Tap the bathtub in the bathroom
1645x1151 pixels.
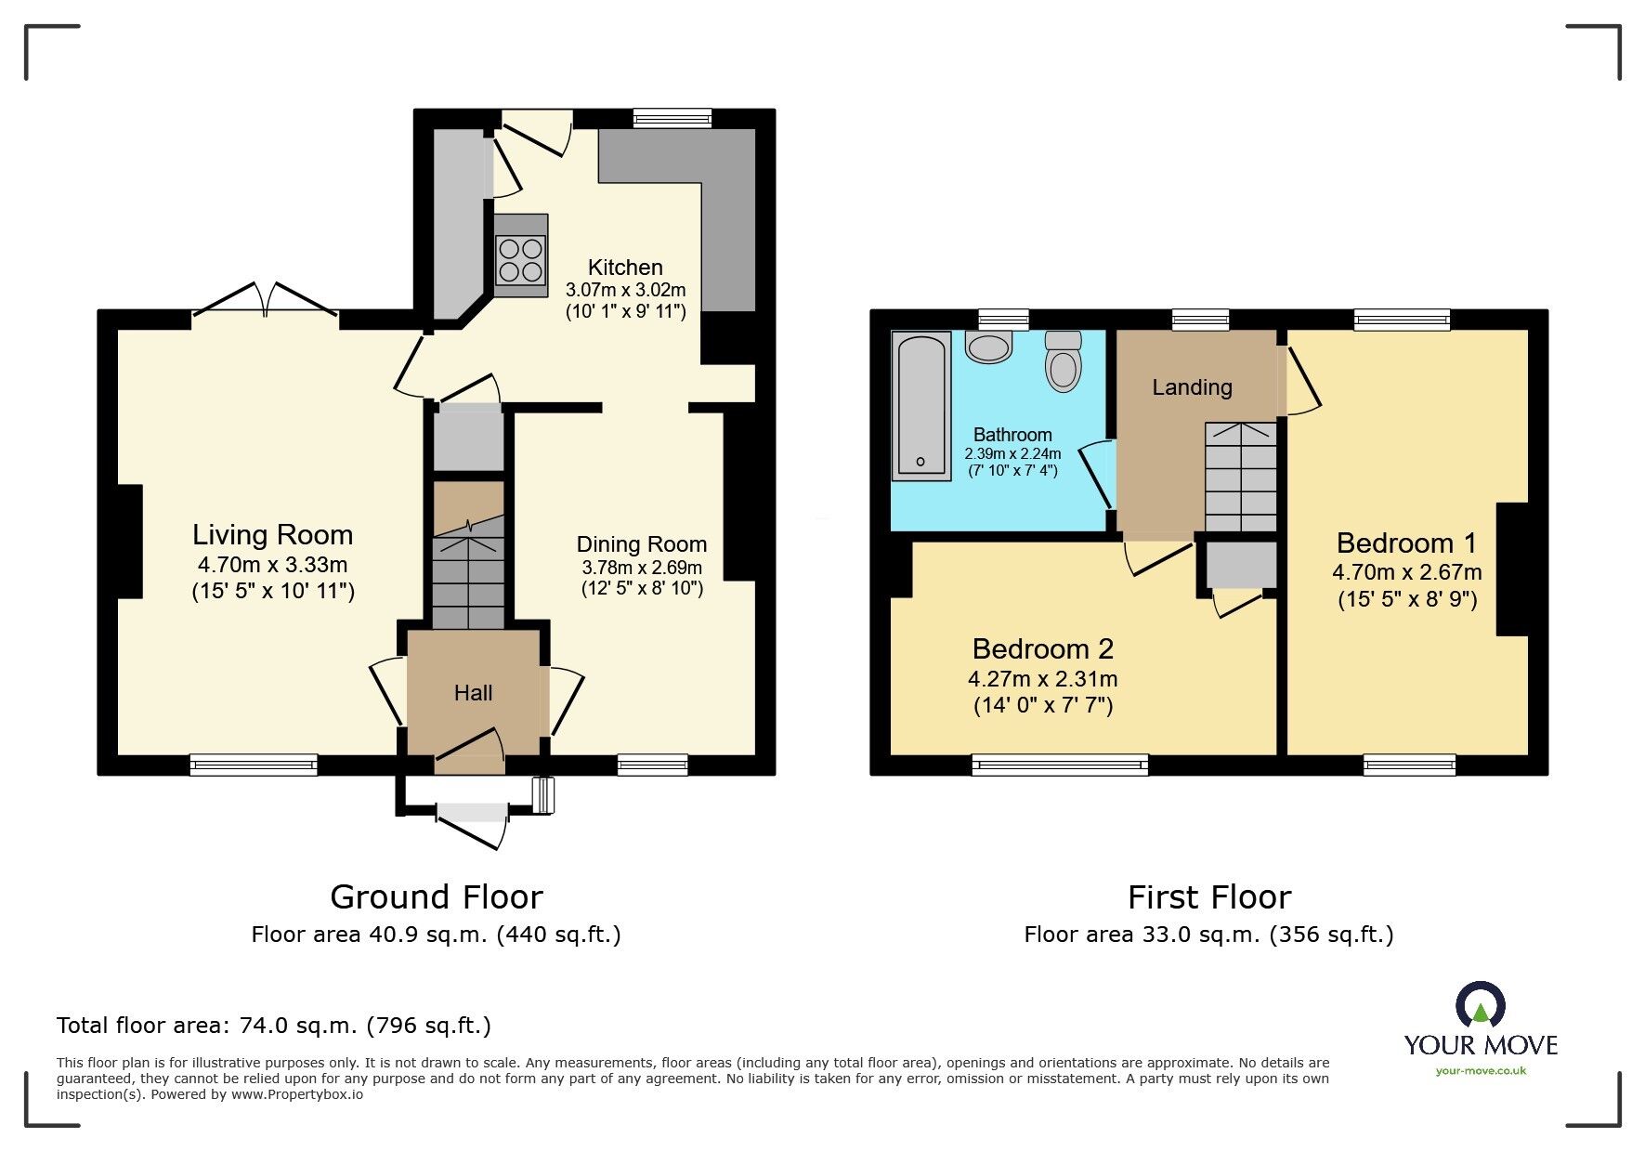tap(920, 406)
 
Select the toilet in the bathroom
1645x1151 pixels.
tap(1064, 361)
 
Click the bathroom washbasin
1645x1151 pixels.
tap(988, 347)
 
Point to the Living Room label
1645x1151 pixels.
tap(272, 535)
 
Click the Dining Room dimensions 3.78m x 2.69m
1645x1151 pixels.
tap(642, 568)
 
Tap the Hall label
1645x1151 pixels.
tap(473, 693)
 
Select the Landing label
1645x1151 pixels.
tap(1192, 387)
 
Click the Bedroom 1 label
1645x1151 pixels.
tap(1406, 543)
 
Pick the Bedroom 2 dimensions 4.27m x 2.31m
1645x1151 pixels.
tap(1042, 679)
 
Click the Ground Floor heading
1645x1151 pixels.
tap(436, 897)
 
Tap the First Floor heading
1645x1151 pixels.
tap(1208, 897)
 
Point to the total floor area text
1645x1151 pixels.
tap(273, 1026)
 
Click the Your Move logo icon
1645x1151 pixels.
tap(1480, 1006)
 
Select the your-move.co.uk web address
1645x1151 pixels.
tap(1481, 1071)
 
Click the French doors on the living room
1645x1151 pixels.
tap(266, 300)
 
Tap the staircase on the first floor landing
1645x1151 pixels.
tap(1240, 477)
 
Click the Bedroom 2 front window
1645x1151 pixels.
tap(1060, 765)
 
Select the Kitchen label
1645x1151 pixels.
tap(625, 268)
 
